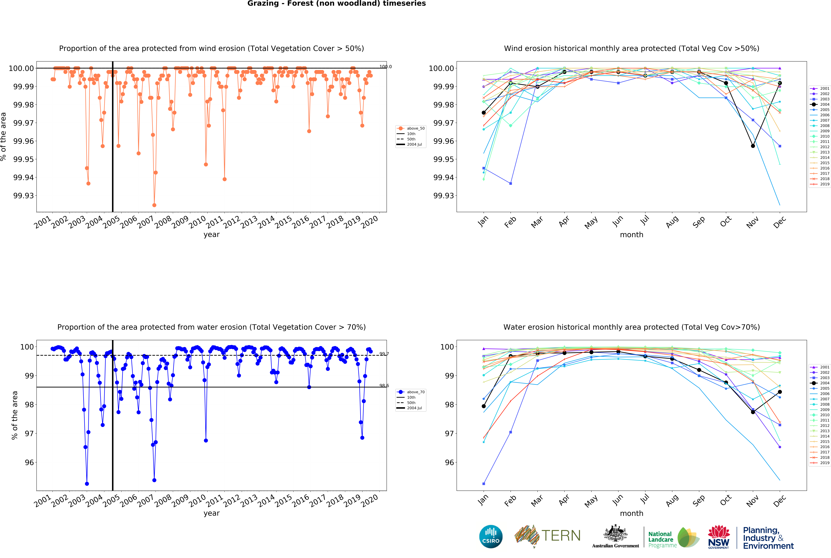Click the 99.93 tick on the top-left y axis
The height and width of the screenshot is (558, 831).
click(x=24, y=196)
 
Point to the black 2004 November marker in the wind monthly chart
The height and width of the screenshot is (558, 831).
click(x=753, y=146)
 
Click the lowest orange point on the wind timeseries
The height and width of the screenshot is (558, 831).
click(x=154, y=205)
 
